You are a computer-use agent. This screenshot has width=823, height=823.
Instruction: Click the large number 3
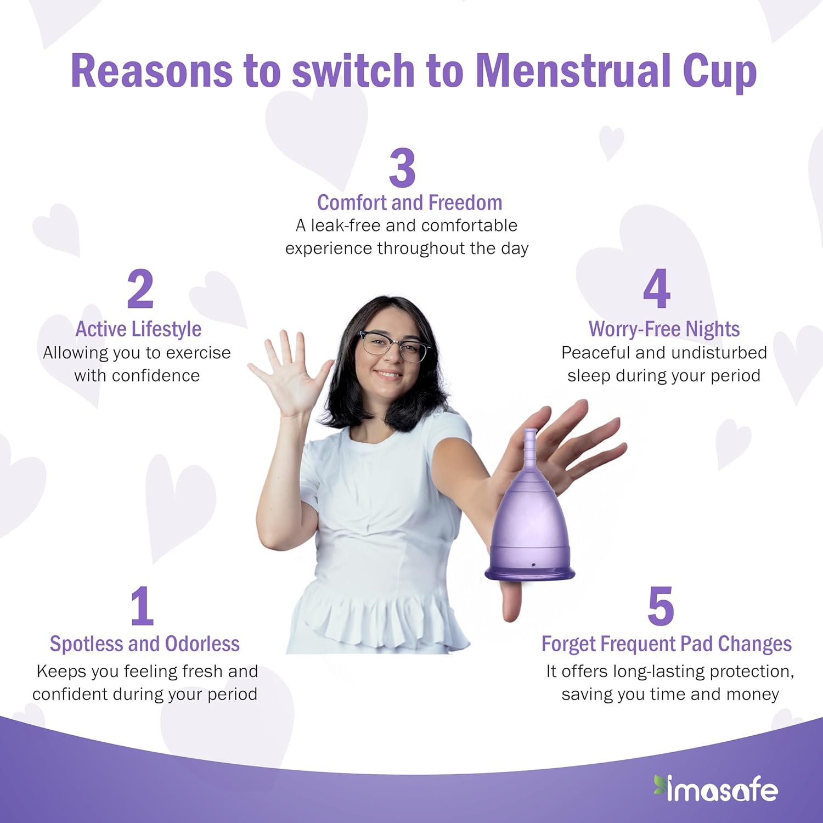[402, 167]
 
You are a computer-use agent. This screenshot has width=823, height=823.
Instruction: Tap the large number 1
[142, 606]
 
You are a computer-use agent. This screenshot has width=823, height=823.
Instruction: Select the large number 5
[661, 606]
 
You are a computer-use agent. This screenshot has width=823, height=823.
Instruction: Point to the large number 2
[140, 289]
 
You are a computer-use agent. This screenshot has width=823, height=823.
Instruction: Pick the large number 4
[657, 289]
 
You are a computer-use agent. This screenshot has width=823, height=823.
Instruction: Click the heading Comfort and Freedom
[410, 202]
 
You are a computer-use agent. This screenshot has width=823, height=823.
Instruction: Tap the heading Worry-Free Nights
[664, 329]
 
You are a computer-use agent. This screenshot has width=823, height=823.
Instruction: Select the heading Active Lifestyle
[138, 329]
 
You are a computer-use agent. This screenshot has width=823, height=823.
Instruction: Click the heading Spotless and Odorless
[144, 644]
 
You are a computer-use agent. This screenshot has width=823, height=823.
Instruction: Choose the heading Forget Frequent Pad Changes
[667, 644]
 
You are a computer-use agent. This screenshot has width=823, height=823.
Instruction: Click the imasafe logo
[715, 788]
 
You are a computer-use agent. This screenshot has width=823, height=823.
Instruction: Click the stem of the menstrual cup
[530, 447]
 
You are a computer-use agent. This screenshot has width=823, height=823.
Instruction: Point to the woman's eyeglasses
[394, 346]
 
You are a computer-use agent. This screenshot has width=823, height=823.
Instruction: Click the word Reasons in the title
[152, 70]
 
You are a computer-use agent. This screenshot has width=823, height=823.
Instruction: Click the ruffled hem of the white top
[379, 620]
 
